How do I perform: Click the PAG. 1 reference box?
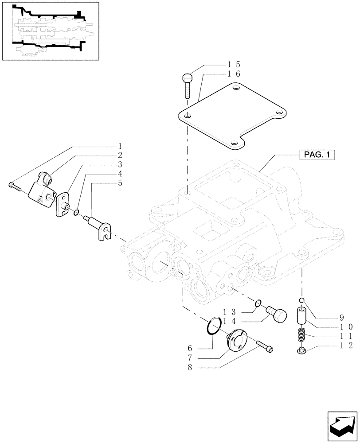[x=318, y=155]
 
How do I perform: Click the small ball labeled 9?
[x=301, y=302]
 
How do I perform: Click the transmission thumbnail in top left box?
[x=50, y=31]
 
